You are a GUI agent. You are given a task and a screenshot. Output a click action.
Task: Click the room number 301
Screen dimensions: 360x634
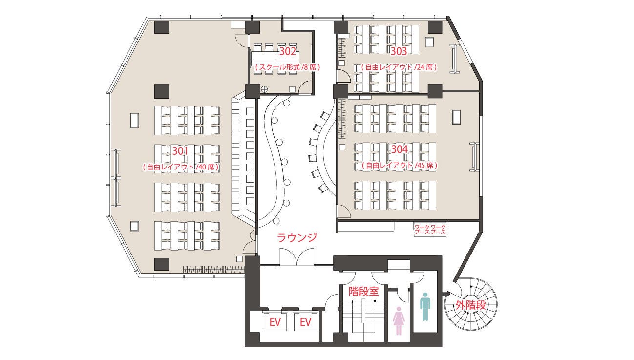pos(180,150)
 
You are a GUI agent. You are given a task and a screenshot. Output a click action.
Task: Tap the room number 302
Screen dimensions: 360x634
pos(288,50)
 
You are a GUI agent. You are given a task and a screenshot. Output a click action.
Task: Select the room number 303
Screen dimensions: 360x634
pos(399,50)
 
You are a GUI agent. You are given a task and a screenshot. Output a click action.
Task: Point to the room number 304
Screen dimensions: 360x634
pos(399,149)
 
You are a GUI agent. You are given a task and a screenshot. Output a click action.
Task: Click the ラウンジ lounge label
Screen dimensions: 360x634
pos(297,238)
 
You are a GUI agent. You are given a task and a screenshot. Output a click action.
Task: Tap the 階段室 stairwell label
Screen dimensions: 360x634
pos(364,292)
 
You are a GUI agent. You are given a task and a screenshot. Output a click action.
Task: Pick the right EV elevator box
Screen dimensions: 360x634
pos(305,323)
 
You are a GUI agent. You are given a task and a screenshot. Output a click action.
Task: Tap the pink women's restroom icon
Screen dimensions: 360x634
pos(399,320)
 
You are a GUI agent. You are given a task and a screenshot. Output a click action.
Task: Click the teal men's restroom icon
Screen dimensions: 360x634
pos(425,306)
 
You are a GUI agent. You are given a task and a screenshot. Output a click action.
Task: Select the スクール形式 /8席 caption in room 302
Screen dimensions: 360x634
pos(287,67)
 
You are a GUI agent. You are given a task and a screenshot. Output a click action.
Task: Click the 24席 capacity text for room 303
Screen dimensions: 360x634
pos(424,67)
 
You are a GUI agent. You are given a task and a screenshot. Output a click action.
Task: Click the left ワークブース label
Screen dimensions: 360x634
pos(421,230)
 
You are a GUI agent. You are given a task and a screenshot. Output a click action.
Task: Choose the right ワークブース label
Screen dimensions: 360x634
pos(438,230)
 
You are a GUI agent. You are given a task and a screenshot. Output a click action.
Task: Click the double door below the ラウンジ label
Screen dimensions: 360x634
pos(296,257)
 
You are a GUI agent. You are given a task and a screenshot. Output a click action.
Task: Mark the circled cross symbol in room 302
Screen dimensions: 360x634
pos(264,89)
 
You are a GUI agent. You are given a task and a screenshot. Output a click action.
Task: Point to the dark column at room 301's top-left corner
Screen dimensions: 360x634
pos(162,27)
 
